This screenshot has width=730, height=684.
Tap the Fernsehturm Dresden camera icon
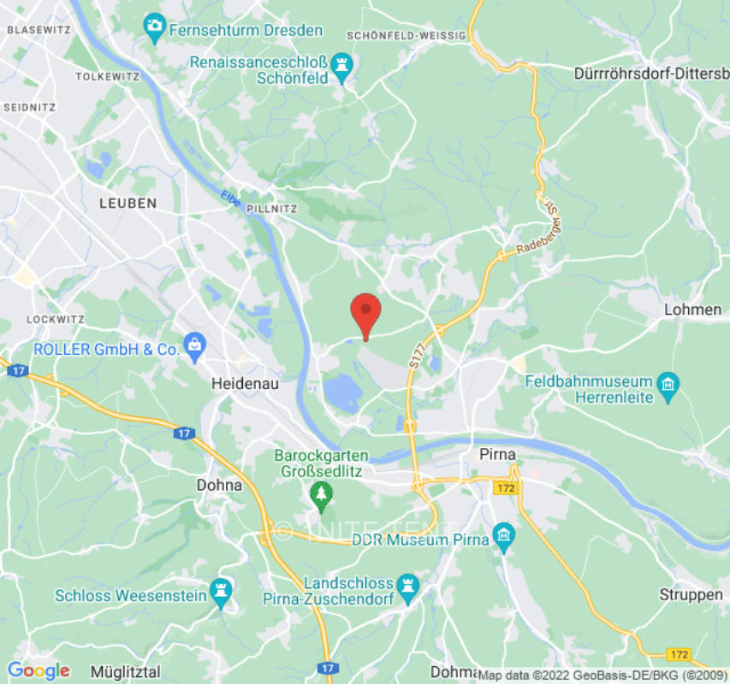(155, 27)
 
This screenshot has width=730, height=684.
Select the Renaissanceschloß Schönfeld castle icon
(344, 63)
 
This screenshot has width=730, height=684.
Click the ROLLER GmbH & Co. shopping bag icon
(194, 347)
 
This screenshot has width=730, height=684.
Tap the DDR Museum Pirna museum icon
(504, 538)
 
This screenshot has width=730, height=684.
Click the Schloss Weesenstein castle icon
(223, 593)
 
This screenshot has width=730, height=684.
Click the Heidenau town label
(246, 385)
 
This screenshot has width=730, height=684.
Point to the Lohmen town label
(692, 310)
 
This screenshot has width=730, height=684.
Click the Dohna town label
(219, 485)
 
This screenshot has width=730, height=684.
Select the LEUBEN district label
(128, 203)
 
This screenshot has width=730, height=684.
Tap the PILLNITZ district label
(270, 208)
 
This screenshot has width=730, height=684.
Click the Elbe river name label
(228, 197)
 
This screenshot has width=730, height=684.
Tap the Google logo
(39, 670)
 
